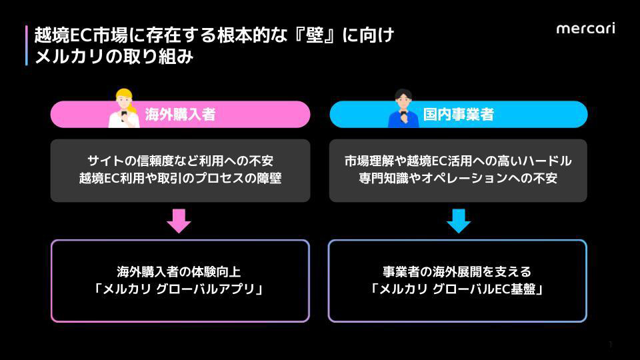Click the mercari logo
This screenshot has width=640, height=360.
coord(585,28)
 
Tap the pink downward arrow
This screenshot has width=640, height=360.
coord(179,221)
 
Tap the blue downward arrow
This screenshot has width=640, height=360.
coord(458,221)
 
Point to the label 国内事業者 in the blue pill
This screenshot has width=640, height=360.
coord(459,115)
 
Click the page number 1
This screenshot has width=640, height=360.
coord(610,344)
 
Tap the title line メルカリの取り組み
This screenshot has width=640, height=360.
coord(114,57)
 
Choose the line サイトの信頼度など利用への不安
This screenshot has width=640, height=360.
coord(180,161)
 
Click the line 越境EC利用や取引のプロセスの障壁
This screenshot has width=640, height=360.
coord(180,179)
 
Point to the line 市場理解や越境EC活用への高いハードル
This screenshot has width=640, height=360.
coord(458,161)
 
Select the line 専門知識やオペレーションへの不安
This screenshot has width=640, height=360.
coord(458,179)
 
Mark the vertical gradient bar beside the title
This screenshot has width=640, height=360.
coord(27,45)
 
